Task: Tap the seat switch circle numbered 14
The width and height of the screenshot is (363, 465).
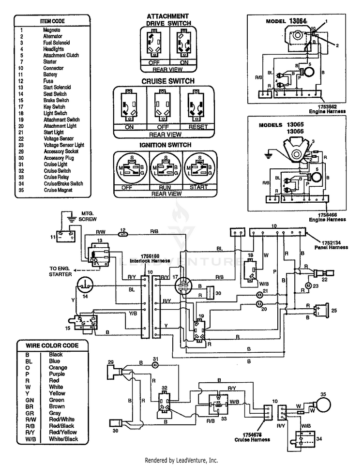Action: coord(85,285)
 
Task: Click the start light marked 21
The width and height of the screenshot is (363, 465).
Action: coord(260,294)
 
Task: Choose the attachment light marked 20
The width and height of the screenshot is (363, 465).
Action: coord(260,303)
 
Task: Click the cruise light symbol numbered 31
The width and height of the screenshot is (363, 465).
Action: coord(155,365)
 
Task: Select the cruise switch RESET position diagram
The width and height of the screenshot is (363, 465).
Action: coord(197,107)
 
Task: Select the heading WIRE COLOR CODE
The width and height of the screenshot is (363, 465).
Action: coord(53,345)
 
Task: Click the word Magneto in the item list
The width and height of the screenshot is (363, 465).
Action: coord(52,30)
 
